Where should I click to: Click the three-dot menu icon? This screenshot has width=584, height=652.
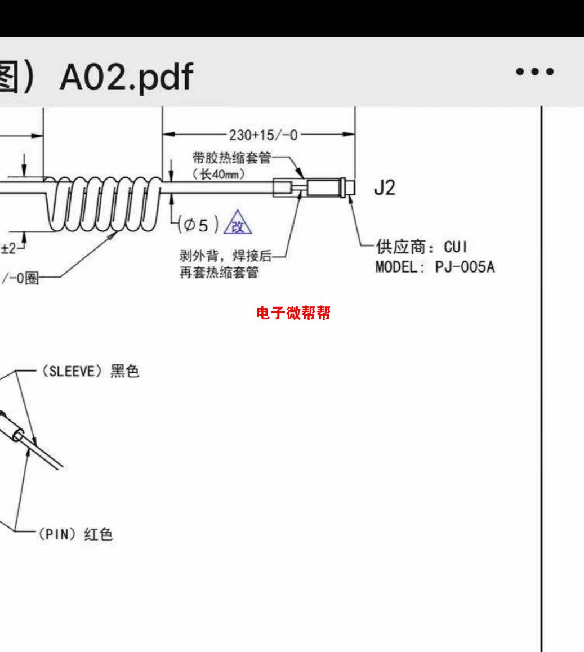tap(534, 72)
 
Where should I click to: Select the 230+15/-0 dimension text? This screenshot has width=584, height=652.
tap(263, 135)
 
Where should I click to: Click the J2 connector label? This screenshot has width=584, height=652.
tap(385, 189)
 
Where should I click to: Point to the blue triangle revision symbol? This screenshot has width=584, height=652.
tap(238, 223)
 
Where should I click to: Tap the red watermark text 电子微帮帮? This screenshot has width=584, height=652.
tap(293, 313)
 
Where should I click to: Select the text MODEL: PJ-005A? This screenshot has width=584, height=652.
tap(435, 267)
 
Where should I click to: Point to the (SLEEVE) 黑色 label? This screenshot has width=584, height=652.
tap(89, 372)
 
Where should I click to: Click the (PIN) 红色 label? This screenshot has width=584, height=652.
tap(75, 534)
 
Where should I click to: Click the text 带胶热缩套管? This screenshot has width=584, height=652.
tap(231, 158)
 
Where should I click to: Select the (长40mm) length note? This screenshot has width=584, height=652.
tap(219, 174)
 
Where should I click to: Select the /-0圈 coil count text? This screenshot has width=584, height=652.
tap(21, 279)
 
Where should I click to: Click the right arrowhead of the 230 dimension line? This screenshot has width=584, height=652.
tap(350, 135)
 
